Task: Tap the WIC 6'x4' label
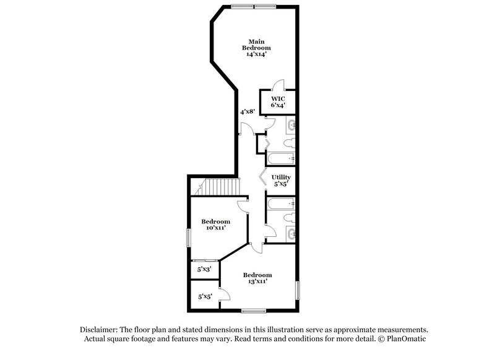(277, 102)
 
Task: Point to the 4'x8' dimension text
(247, 112)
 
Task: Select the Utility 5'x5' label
(281, 180)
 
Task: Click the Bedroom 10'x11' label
(215, 225)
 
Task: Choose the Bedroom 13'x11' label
(257, 278)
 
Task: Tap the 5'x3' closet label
(204, 270)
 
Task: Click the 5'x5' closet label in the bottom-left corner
(204, 297)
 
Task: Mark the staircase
(219, 186)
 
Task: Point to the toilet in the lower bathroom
(290, 218)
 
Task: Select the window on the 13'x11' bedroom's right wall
(298, 290)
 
